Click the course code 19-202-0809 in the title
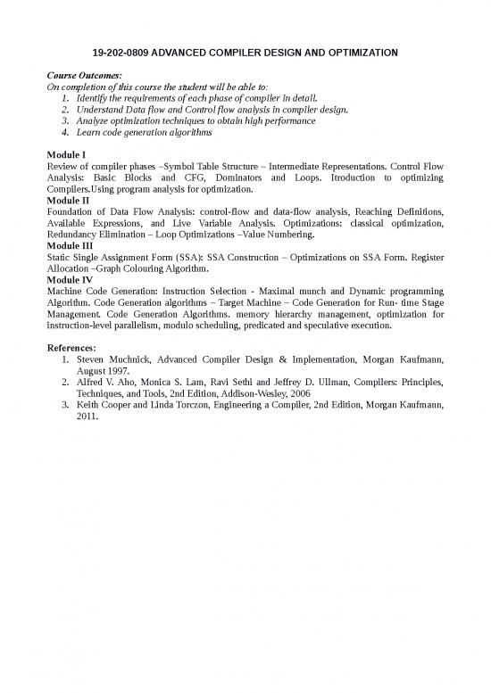tap(121, 54)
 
